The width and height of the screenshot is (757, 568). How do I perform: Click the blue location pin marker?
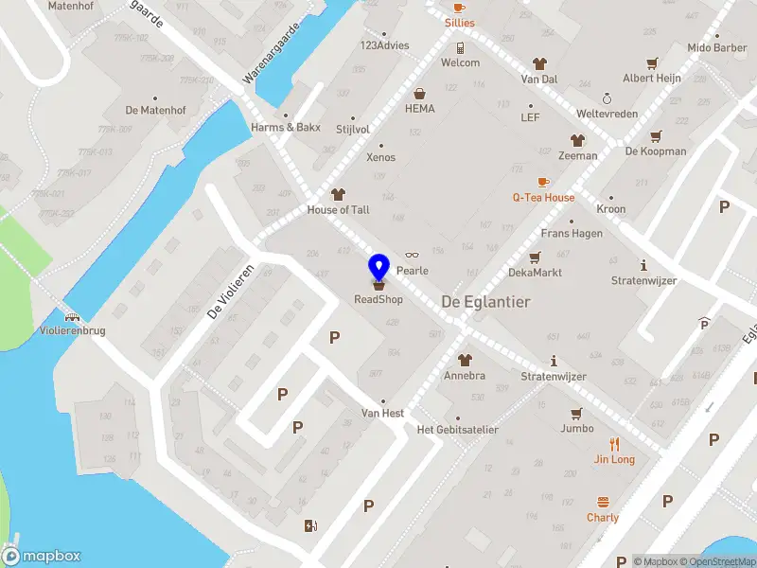[378, 267]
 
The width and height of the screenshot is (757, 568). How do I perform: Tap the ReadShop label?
[378, 300]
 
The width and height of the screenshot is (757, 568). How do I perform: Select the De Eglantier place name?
[485, 301]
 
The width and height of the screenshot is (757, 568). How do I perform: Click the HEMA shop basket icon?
[420, 94]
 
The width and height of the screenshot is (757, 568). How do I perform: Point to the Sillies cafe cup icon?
[460, 7]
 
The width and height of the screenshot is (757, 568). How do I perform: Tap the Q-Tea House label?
[543, 198]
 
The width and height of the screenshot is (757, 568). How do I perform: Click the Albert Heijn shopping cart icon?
[652, 63]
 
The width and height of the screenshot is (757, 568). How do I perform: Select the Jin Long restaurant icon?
[614, 443]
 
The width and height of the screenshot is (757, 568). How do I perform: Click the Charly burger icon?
[603, 502]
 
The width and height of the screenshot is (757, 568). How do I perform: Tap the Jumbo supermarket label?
[576, 429]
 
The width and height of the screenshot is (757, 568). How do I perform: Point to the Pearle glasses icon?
[412, 256]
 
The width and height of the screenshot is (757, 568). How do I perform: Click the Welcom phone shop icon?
[460, 47]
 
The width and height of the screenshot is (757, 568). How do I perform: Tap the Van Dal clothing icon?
[539, 64]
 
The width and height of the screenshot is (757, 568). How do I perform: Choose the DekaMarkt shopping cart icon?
[535, 257]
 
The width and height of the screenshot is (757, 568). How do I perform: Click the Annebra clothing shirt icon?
[465, 360]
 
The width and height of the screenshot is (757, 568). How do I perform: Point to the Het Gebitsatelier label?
[457, 430]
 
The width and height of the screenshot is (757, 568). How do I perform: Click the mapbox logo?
[42, 557]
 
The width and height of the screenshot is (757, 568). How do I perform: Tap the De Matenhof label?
[155, 111]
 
